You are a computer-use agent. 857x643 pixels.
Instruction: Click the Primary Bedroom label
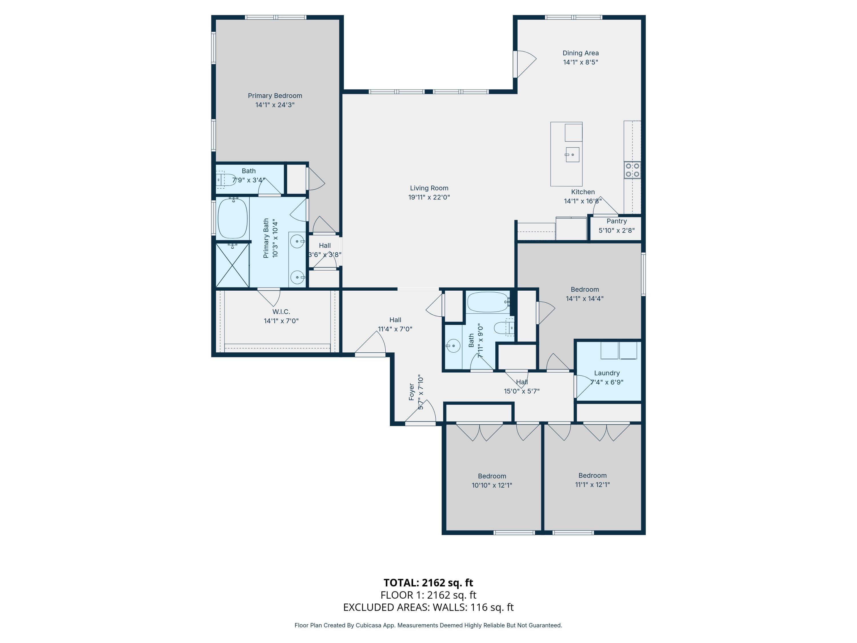click(x=275, y=96)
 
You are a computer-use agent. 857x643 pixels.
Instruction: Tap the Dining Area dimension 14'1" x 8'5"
click(x=580, y=62)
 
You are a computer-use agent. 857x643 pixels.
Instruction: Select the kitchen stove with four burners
click(x=632, y=170)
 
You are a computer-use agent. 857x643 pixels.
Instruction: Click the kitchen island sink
click(x=572, y=155)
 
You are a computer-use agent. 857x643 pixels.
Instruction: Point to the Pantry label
click(x=616, y=221)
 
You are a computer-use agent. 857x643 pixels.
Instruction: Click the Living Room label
click(x=429, y=188)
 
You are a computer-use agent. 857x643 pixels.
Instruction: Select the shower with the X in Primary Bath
click(x=232, y=265)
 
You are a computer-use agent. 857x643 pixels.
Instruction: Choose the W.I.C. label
click(x=281, y=311)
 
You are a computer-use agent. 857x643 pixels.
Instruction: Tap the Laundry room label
click(x=607, y=373)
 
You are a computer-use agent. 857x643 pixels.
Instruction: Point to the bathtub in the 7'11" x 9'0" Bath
click(x=488, y=302)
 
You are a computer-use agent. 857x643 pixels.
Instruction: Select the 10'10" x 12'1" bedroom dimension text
click(x=492, y=485)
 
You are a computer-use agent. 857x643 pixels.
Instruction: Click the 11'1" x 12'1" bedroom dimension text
click(x=592, y=484)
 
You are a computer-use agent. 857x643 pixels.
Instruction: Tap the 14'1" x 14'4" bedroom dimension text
click(x=585, y=298)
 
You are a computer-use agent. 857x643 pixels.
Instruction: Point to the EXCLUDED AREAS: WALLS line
click(x=428, y=607)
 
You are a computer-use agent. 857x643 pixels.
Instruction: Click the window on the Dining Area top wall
click(x=573, y=17)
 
